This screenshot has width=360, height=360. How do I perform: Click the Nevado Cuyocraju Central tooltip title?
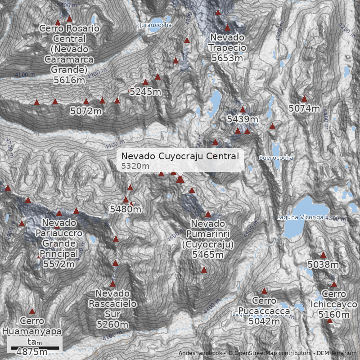click(180, 156)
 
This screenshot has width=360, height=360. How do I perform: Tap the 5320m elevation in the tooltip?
click(135, 166)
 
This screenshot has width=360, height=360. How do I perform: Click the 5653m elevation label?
click(227, 58)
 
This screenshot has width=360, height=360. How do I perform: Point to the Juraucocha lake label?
click(155, 25)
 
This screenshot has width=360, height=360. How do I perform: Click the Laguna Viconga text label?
click(301, 217)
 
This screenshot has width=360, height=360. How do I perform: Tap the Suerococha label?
click(276, 158)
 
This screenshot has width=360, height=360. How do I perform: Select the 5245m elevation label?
click(145, 92)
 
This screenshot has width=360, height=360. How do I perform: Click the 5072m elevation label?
click(86, 111)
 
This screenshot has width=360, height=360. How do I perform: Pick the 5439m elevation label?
click(243, 119)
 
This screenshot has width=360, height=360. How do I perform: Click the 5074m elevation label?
click(304, 108)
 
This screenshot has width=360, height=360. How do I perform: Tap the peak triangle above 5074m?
click(304, 99)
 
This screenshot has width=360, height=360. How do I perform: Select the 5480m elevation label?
click(126, 209)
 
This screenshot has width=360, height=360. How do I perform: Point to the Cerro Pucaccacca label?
click(264, 306)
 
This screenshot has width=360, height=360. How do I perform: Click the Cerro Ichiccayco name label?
click(334, 299)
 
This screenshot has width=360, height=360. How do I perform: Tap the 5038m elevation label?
click(323, 265)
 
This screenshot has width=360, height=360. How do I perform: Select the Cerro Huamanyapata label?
click(32, 331)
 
